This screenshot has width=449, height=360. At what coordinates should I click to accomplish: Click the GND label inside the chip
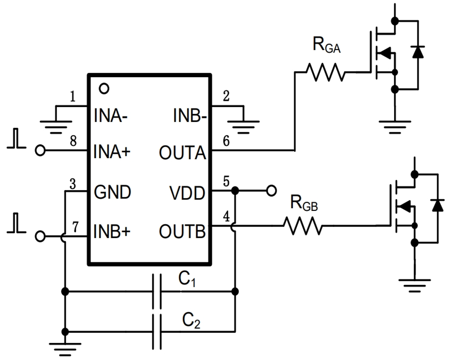112,191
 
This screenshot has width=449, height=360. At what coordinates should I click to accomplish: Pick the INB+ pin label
112,231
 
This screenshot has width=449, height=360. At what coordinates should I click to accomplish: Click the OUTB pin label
182,231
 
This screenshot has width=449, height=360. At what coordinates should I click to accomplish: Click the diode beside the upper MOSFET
418,52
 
